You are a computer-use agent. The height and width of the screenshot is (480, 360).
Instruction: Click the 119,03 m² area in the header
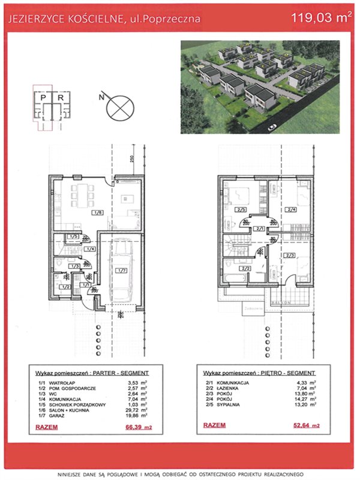point(320,18)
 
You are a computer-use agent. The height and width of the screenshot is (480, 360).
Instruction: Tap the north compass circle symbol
point(118,109)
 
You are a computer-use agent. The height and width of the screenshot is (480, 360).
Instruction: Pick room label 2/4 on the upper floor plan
point(292,209)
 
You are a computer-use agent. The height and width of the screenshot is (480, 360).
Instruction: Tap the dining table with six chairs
point(80,196)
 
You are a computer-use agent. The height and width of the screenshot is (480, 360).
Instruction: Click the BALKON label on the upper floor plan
point(283,303)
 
